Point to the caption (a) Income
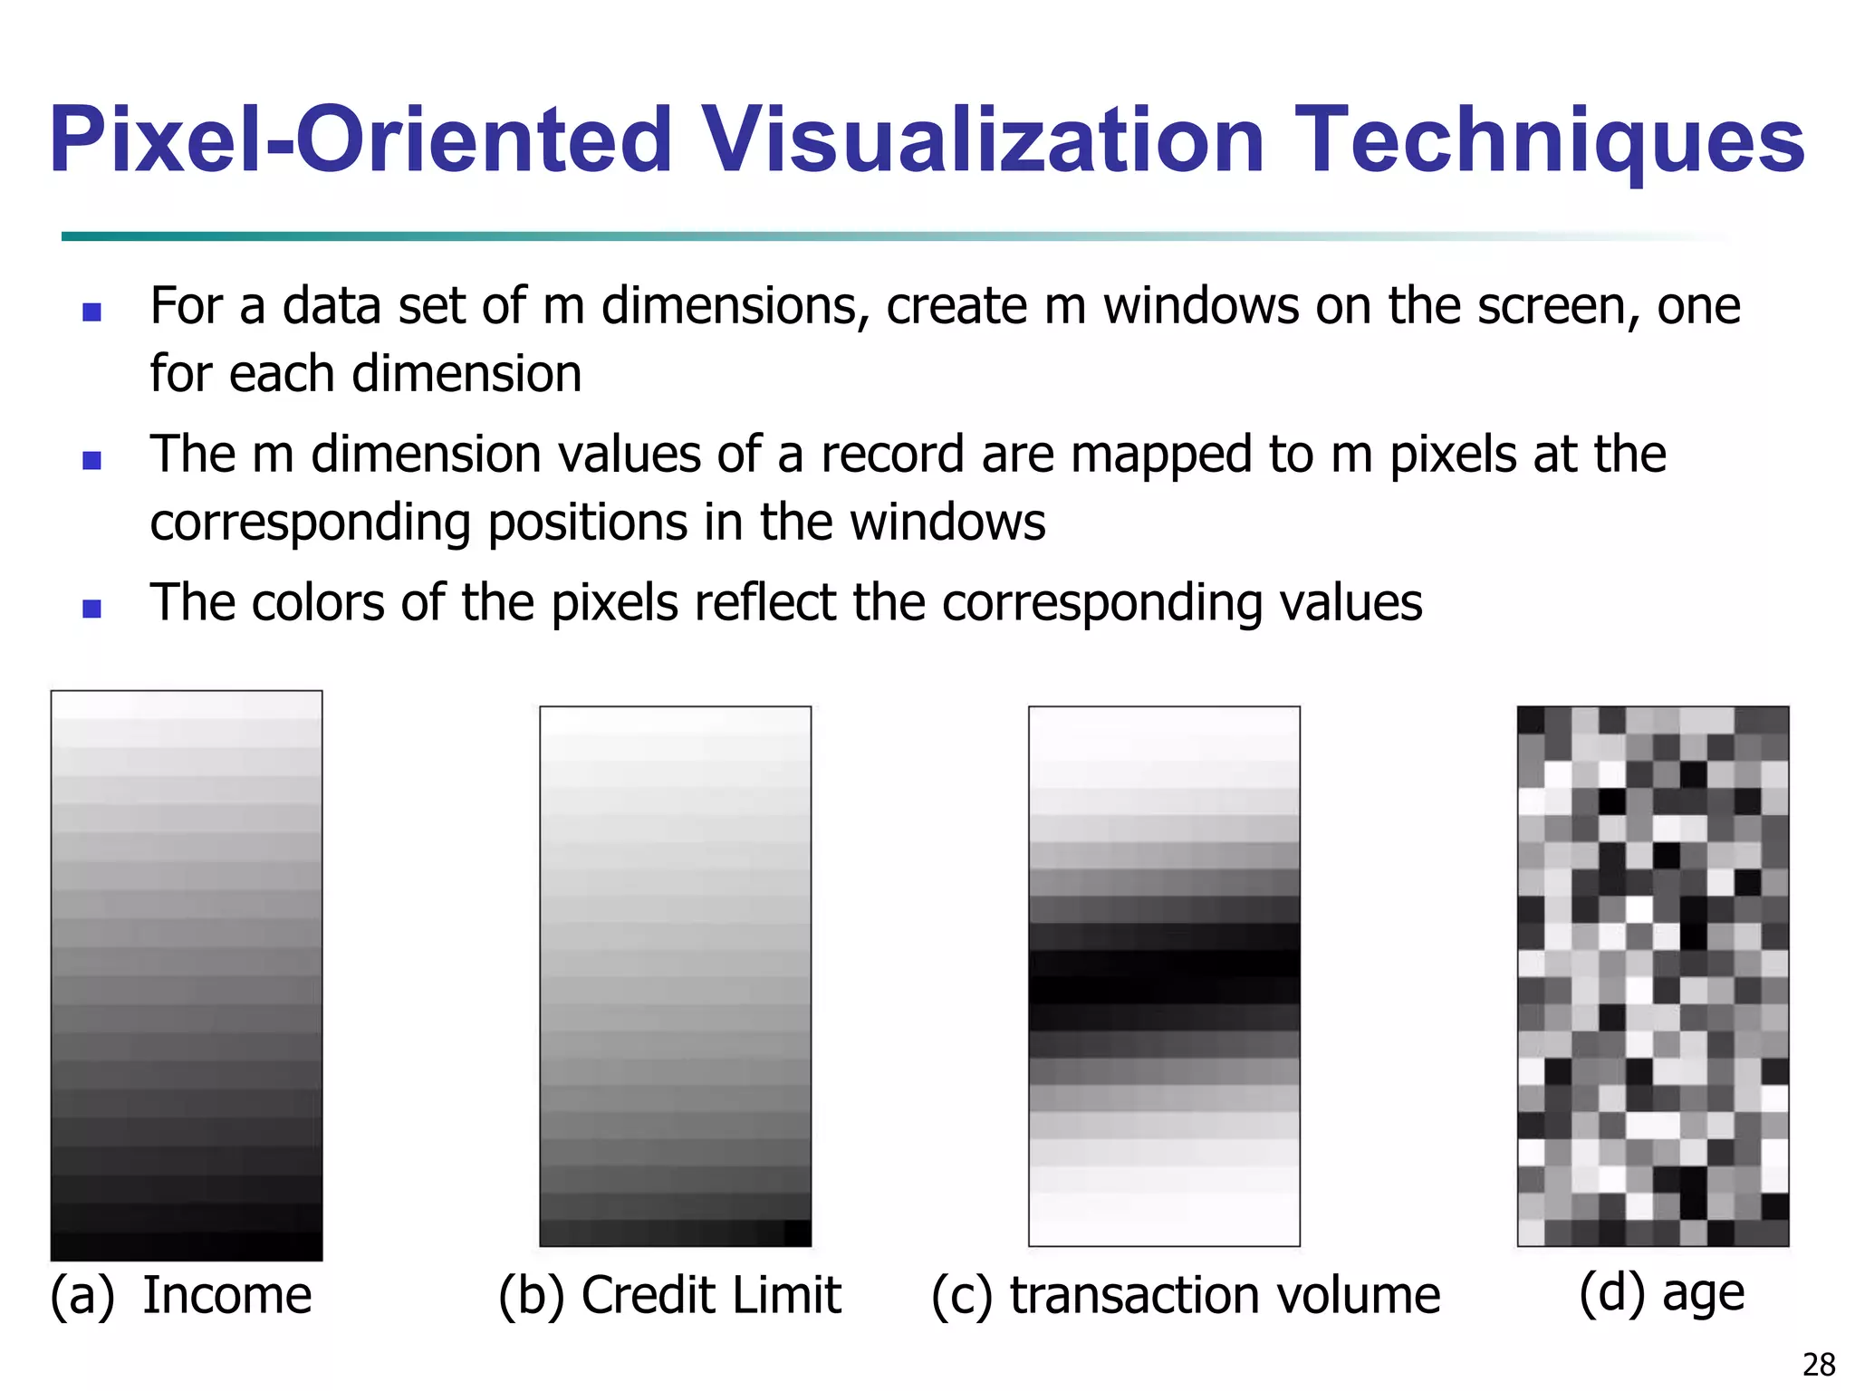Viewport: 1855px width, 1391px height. point(181,1295)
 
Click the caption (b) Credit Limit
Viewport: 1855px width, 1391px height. point(669,1295)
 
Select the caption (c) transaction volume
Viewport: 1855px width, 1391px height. point(1186,1295)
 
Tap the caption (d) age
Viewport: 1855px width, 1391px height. point(1661,1292)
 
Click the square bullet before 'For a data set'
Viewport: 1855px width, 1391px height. point(91,312)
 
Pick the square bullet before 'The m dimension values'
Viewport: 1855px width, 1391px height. point(91,460)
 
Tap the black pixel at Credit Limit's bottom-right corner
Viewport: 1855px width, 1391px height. point(797,1233)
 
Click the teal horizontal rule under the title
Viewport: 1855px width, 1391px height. point(634,236)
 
